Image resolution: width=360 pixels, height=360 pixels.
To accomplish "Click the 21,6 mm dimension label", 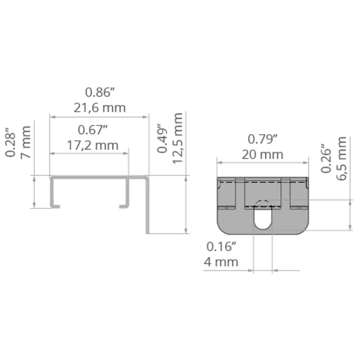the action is click(100, 108).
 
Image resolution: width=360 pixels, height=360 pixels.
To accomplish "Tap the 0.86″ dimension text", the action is click(100, 92).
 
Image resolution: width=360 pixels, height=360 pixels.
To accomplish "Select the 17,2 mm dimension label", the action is click(93, 145).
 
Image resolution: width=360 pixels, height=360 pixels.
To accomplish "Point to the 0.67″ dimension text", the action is click(93, 130).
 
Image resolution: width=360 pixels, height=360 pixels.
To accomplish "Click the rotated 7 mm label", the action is click(26, 142).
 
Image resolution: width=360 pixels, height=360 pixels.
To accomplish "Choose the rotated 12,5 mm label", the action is click(177, 138).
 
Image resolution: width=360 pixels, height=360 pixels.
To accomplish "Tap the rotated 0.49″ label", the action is click(162, 139).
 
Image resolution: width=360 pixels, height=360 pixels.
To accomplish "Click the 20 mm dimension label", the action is click(262, 155).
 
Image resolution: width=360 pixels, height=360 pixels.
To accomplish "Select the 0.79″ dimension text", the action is click(262, 139).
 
